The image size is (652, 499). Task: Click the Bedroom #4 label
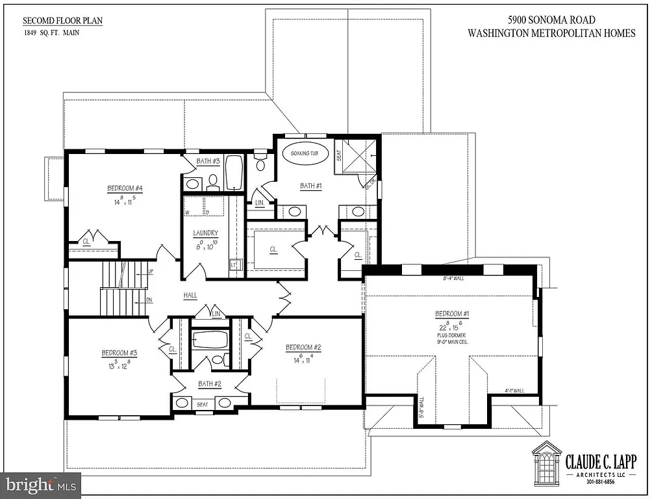click(125, 189)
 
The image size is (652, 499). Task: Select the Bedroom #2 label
click(303, 348)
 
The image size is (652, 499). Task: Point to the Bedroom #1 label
click(453, 315)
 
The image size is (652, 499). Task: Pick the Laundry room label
click(205, 233)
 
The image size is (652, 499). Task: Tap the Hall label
click(190, 295)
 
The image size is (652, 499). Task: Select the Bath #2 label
click(210, 383)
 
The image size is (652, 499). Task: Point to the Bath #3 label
click(208, 160)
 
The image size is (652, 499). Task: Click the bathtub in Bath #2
click(210, 340)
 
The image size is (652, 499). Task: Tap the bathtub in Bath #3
click(234, 172)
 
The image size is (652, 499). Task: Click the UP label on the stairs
click(151, 271)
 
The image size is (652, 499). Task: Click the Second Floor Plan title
click(62, 21)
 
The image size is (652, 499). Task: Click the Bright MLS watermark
click(40, 485)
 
